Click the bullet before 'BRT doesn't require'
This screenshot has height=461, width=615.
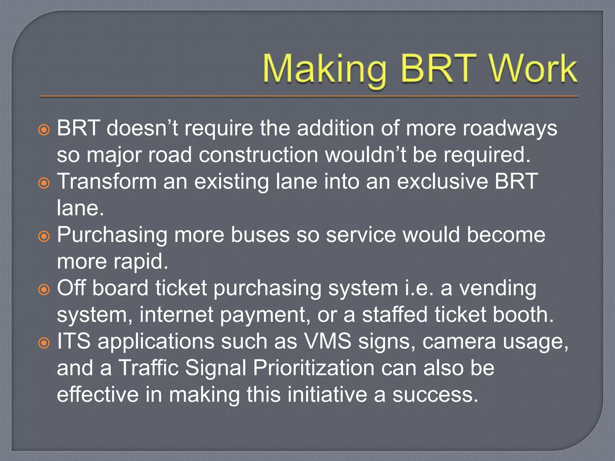tap(44, 130)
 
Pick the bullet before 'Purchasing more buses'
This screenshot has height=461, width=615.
tap(44, 236)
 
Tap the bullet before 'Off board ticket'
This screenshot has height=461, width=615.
tap(44, 290)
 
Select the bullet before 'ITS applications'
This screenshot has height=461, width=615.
tap(44, 343)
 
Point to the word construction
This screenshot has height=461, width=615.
tap(258, 155)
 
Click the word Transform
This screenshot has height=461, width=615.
tap(107, 182)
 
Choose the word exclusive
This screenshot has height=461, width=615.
tap(443, 182)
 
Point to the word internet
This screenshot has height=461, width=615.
tap(176, 315)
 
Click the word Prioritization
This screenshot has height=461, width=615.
tap(314, 368)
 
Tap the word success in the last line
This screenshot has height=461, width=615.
tap(435, 395)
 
